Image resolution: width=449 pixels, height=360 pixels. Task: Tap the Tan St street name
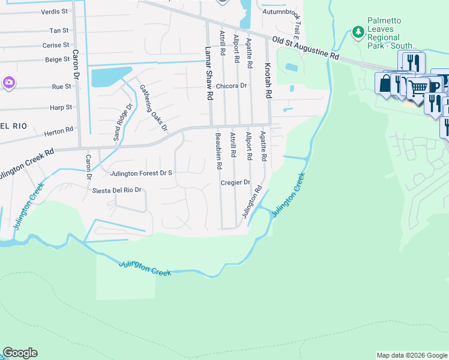tap(59, 30)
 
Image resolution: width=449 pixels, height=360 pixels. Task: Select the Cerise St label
tap(56, 45)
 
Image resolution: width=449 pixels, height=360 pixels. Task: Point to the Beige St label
tap(58, 60)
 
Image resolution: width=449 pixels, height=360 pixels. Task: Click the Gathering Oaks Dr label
tap(153, 107)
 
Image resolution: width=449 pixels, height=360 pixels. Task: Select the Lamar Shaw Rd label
tap(209, 73)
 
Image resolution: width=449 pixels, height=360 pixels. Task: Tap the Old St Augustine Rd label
tap(306, 49)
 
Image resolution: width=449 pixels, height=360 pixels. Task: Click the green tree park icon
tap(358, 31)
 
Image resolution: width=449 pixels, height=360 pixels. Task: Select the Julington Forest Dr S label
tap(142, 173)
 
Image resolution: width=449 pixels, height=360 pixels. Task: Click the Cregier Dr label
tap(235, 182)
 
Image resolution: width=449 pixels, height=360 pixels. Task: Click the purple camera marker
tap(8, 82)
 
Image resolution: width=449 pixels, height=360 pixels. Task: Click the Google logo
tap(20, 353)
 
